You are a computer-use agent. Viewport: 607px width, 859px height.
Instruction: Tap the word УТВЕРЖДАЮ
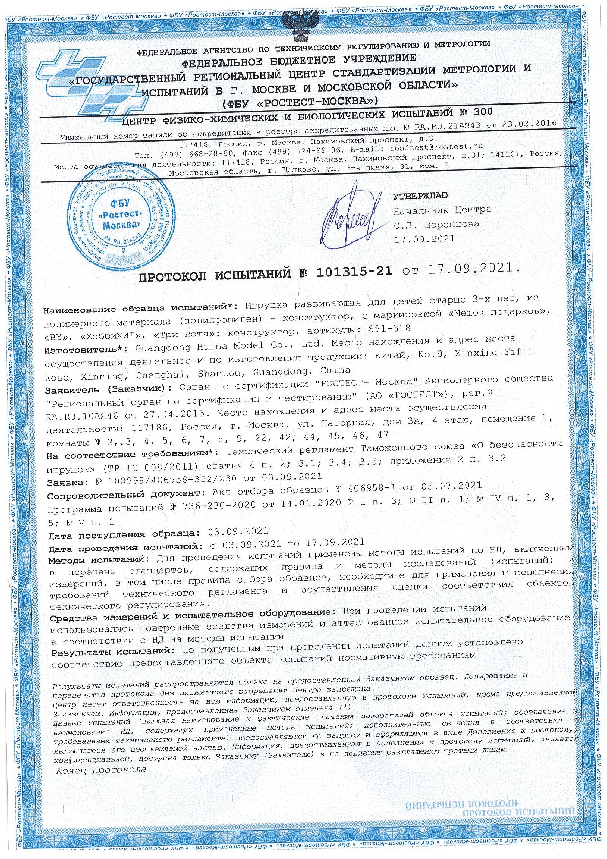[420, 196]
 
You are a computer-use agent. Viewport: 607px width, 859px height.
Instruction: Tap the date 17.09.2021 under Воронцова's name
[424, 239]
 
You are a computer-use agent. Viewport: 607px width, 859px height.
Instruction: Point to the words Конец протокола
[102, 769]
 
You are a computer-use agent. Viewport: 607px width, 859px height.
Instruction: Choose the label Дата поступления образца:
[124, 534]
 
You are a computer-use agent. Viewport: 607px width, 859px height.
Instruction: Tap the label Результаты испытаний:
[113, 652]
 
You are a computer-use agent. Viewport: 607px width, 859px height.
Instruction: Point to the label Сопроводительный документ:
[128, 495]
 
